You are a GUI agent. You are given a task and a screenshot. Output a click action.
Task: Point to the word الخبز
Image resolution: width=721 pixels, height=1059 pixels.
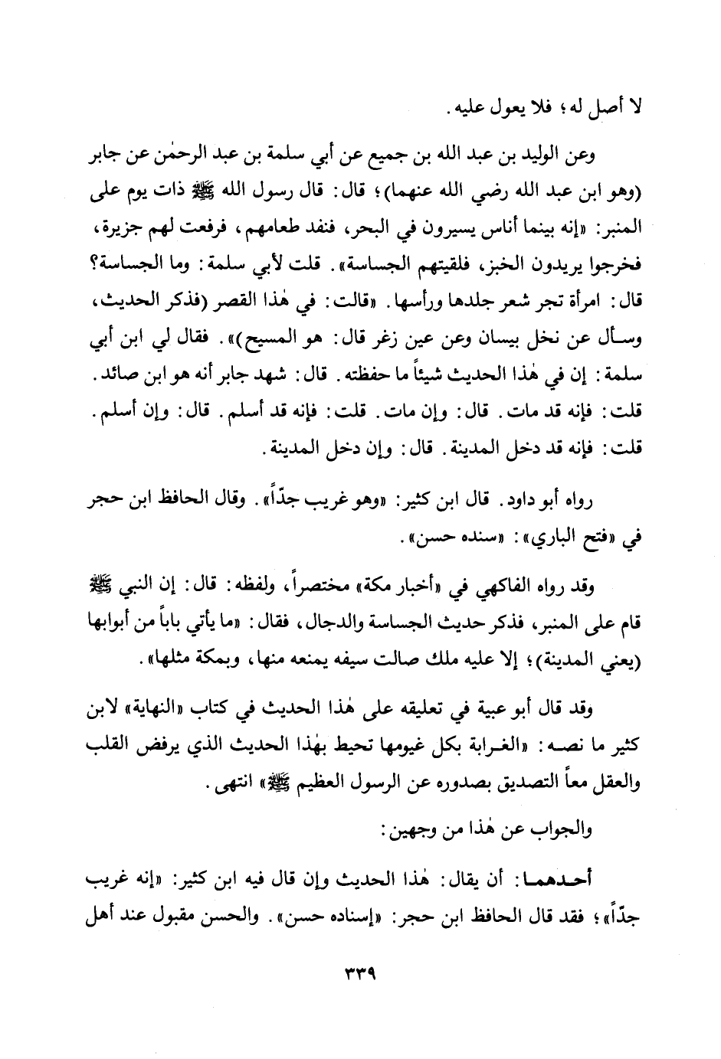click(470, 266)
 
